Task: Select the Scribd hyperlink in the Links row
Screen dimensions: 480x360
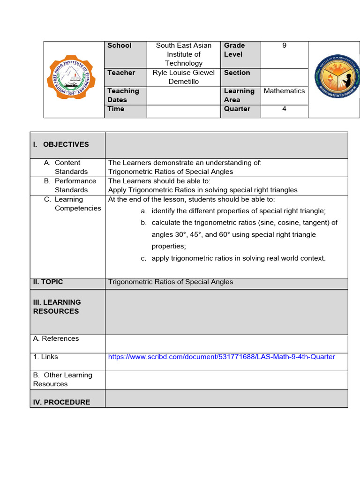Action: click(221, 357)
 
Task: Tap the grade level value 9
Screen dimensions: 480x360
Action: click(284, 45)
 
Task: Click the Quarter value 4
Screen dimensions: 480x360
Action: click(284, 109)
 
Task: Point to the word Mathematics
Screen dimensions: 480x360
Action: click(284, 91)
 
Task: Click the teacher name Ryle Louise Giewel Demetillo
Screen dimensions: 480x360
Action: click(183, 77)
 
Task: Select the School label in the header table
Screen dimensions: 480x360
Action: click(120, 45)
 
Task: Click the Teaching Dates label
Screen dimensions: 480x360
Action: click(123, 95)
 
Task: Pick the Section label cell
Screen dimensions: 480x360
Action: click(237, 73)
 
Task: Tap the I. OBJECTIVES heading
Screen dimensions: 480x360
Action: click(61, 144)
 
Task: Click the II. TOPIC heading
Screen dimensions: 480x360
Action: click(48, 282)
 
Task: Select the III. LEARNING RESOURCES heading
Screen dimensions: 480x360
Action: click(57, 307)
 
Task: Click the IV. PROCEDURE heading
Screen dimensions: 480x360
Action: click(61, 402)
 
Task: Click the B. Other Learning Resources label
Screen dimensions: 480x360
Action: click(62, 379)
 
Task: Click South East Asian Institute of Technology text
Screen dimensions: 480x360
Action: click(183, 54)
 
